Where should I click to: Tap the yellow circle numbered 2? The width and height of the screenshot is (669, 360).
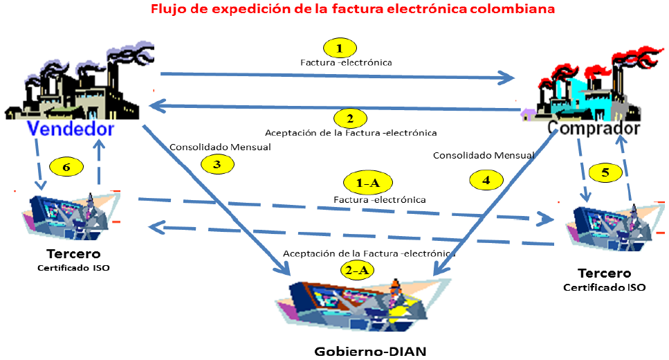pos(350,118)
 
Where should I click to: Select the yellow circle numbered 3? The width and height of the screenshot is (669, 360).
pos(218,163)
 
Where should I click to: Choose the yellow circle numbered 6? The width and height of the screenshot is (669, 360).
pos(68,167)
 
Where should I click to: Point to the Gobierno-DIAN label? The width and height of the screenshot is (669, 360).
pos(370,350)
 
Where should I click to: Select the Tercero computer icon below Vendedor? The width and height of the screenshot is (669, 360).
pos(69,215)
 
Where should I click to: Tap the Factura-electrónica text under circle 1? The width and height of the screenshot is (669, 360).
pos(346,62)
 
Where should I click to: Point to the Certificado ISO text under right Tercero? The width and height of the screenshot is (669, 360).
pos(605,287)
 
